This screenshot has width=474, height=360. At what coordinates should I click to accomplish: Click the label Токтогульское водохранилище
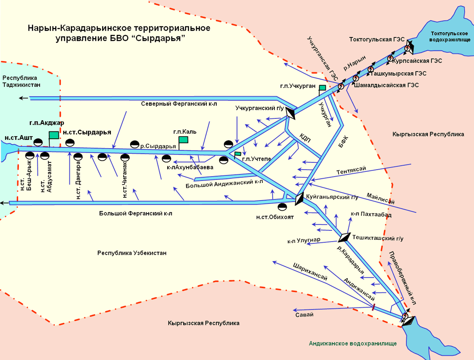click(x=449, y=36)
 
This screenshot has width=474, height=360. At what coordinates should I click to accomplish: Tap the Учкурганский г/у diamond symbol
click(x=292, y=113)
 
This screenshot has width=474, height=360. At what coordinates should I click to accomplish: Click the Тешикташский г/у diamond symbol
click(x=345, y=237)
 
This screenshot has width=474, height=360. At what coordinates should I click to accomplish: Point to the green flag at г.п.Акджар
click(x=54, y=135)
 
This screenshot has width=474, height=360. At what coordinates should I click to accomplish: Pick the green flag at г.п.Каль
click(x=184, y=140)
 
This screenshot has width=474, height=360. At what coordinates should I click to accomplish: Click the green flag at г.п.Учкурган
click(x=322, y=87)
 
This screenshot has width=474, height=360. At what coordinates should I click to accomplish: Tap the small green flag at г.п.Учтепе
click(x=238, y=154)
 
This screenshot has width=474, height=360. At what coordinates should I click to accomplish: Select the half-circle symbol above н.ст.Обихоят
click(x=283, y=208)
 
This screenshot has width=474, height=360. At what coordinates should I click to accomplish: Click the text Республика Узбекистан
click(x=132, y=253)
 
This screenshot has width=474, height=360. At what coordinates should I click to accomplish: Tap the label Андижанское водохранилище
click(x=352, y=343)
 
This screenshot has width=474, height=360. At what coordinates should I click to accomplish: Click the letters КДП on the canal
click(x=305, y=138)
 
